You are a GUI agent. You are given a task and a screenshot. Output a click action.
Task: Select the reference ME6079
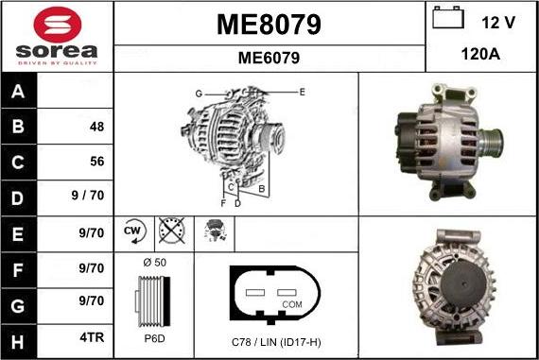coord(269,58)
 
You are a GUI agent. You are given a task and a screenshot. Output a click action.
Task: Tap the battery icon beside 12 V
coord(446,20)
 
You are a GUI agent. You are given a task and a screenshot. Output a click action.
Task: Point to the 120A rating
coord(479,56)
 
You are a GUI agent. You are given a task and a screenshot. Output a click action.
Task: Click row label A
coord(20,94)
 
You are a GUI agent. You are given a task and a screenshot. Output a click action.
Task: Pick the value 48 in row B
coord(96,127)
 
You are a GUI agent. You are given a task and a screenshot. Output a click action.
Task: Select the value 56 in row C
coord(96,161)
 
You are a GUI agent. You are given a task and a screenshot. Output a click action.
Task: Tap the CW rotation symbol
coord(132,230)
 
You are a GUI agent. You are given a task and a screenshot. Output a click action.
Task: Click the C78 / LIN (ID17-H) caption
coord(276,340)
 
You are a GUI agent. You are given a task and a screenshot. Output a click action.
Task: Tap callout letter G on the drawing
coord(199,93)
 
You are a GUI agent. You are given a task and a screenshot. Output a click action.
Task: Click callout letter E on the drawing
coord(303,92)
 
